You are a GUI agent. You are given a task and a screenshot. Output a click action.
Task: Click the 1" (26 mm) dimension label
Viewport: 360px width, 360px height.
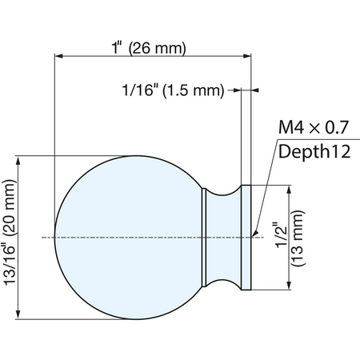(149, 48)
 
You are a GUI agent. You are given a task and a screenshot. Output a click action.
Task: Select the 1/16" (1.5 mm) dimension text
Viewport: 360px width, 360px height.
(173, 90)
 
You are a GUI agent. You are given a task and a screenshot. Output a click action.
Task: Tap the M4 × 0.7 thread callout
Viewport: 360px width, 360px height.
(314, 127)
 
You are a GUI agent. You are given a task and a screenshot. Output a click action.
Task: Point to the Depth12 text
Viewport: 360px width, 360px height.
(314, 151)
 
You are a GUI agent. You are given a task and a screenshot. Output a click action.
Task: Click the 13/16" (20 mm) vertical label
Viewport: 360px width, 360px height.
(10, 233)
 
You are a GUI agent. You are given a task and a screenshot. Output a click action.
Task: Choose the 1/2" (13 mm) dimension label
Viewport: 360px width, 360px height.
(290, 238)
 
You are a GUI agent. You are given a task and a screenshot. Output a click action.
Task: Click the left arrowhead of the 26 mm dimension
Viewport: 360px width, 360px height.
(58, 56)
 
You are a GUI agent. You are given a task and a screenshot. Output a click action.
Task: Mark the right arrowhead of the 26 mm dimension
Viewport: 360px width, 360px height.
(247, 56)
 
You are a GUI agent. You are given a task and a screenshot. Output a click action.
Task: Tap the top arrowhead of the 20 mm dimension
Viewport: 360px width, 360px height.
(18, 161)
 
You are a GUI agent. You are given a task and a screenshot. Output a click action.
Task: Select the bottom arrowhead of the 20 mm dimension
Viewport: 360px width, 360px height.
(18, 314)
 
